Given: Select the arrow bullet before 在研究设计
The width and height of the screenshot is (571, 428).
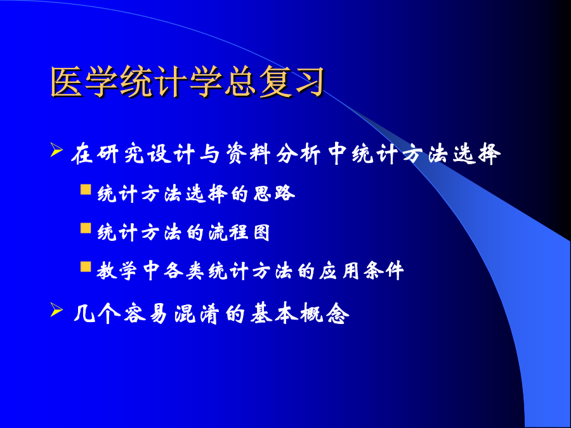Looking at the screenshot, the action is point(56,150).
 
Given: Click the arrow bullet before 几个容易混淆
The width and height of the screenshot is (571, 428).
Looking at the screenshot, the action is point(56,309).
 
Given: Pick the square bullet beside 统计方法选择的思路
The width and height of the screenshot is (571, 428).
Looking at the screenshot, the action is point(86,190).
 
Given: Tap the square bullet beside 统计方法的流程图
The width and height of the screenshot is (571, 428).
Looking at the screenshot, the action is point(86,228).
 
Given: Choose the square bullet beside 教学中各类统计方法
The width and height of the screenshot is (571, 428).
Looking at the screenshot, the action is point(86,267).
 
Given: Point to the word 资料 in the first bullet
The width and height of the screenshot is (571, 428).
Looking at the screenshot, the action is point(247,154).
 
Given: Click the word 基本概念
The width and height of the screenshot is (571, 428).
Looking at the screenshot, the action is point(299,313).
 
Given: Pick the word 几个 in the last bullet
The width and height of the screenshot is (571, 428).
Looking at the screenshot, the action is point(96,313).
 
